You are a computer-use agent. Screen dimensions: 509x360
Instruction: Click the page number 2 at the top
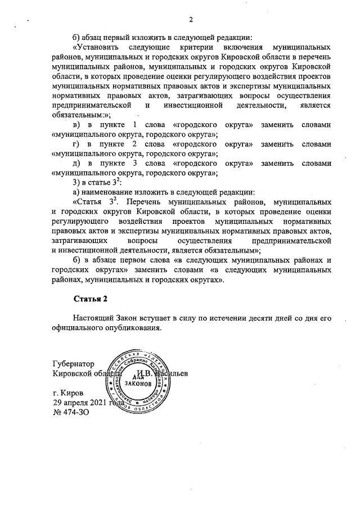click(x=191, y=20)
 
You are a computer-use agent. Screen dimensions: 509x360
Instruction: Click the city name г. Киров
click(x=68, y=393)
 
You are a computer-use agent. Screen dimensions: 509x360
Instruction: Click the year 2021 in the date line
click(x=105, y=402)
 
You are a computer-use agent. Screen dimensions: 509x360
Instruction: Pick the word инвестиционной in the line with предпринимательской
click(x=189, y=105)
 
